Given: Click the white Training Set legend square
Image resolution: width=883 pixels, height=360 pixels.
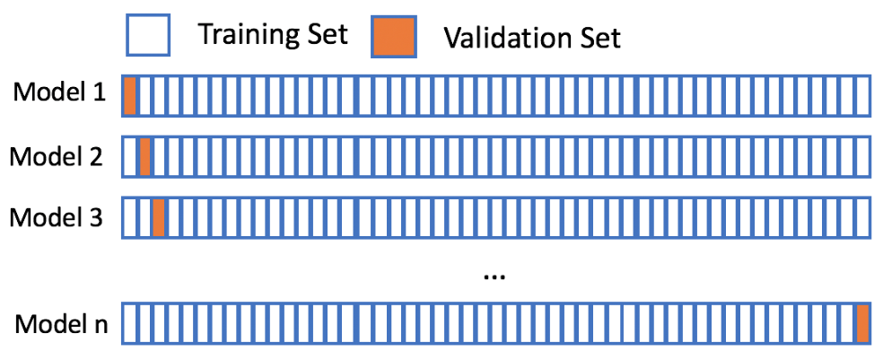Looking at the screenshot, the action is point(147,35).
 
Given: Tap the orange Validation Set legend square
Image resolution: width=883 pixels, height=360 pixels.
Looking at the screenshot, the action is point(393,35).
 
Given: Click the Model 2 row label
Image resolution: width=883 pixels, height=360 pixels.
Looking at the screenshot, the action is point(57,156).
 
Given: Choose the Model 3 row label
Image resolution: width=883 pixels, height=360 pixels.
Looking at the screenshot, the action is point(57,217).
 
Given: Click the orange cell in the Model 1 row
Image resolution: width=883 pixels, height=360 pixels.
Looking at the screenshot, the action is point(130,96).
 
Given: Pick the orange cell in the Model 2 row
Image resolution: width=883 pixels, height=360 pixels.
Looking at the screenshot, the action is point(144,156).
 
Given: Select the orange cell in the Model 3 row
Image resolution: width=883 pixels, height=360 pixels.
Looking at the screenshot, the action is point(158,217).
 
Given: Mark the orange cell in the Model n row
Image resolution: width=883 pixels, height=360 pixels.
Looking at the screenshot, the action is point(862,324).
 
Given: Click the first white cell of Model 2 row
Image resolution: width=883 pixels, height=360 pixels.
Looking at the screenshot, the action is point(130,156).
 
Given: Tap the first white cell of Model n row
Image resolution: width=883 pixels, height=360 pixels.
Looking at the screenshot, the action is point(130,324).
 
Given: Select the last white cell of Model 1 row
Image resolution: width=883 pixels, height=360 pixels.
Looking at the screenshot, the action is point(862,96).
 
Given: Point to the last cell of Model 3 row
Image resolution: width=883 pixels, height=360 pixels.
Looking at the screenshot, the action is point(862,217).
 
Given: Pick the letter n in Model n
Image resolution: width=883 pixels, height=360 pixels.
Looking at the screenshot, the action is point(100,327).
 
